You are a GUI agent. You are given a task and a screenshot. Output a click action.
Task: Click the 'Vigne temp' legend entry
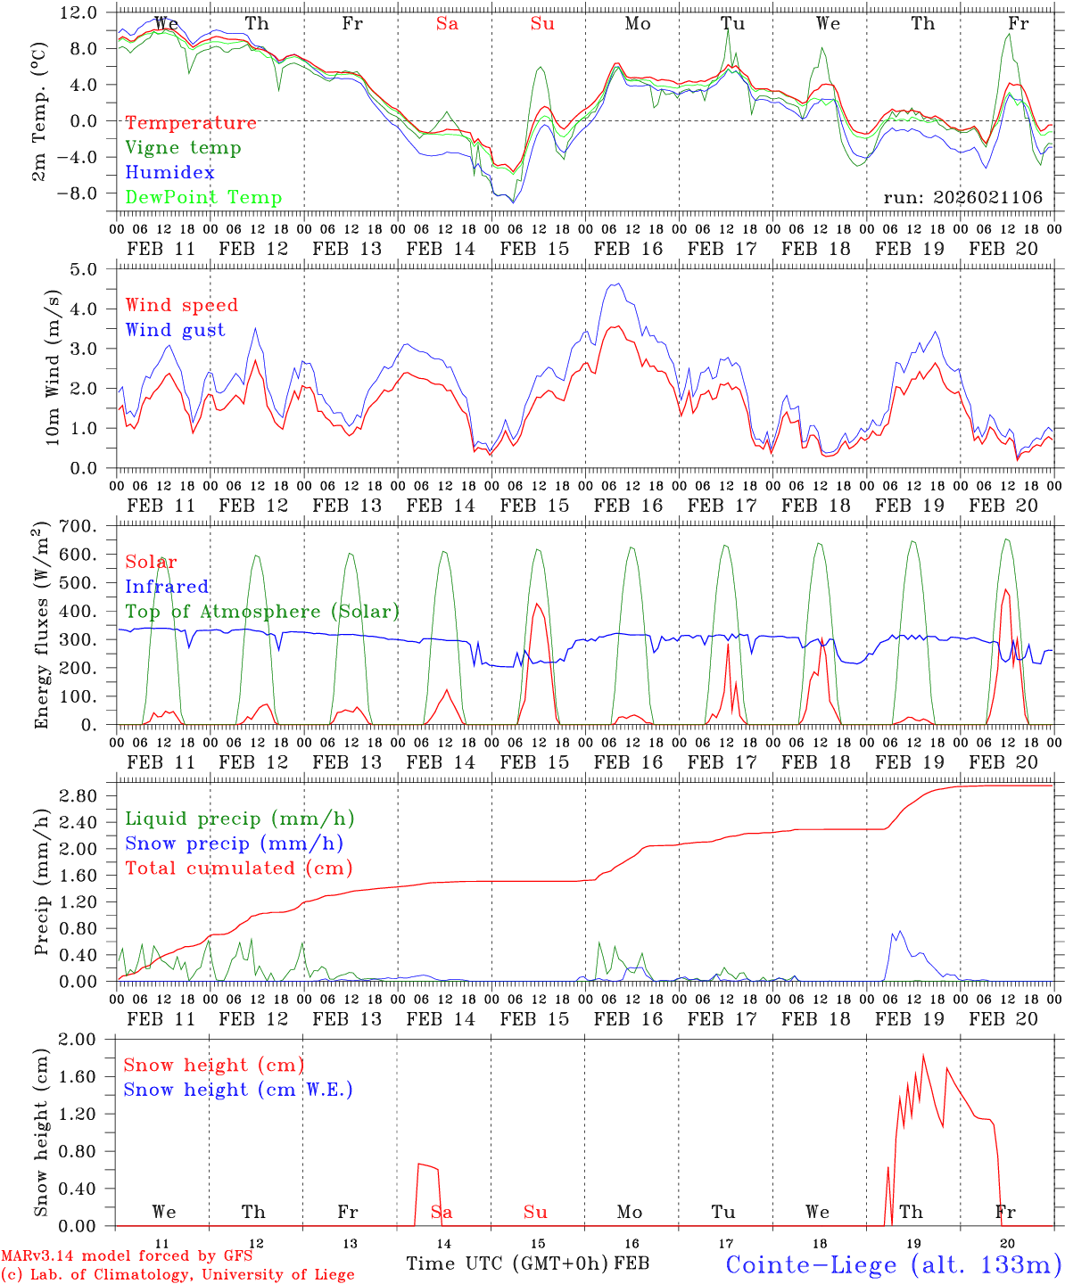(183, 148)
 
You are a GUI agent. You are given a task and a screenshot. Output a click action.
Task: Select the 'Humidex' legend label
(169, 173)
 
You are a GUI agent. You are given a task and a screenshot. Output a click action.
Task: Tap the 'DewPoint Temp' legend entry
(203, 198)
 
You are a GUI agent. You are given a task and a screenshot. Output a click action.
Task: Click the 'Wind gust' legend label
(175, 330)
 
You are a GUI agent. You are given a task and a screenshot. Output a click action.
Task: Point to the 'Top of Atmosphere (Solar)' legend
(262, 612)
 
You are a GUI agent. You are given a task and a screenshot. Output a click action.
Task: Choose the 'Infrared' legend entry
(167, 587)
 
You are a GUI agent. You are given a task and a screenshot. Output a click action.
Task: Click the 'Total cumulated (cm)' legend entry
(239, 868)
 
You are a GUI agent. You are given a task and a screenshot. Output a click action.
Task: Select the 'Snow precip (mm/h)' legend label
(234, 844)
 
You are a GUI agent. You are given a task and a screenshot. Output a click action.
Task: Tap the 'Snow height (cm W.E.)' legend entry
(238, 1090)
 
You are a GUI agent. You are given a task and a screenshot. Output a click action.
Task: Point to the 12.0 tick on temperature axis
(78, 12)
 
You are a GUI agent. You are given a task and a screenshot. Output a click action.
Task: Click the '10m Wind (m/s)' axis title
(52, 366)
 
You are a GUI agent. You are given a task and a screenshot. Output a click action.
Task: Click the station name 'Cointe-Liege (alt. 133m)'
(892, 1264)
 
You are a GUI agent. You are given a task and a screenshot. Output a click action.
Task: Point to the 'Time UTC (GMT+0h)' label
(508, 1263)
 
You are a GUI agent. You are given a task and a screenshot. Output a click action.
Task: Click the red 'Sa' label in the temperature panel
(447, 24)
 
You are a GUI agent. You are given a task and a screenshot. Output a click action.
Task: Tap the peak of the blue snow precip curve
(900, 932)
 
